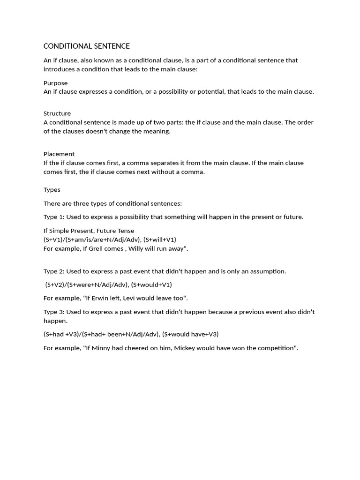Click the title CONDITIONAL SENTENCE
coord(87,46)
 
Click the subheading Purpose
coord(56,83)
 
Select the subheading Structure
coord(57,113)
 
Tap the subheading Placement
coord(59,154)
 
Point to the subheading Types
coord(52,190)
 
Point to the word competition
coord(274,348)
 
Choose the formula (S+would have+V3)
coord(190,334)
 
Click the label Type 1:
coord(54,217)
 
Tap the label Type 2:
coord(54,271)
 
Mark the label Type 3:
coord(54,312)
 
